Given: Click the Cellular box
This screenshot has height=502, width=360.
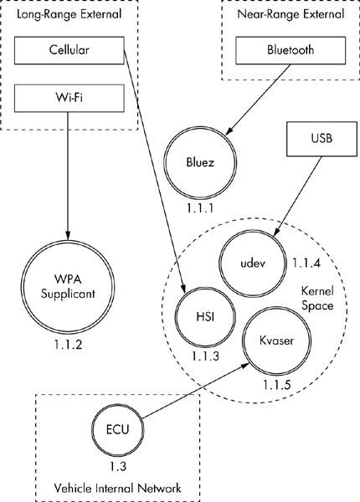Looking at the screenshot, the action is (x=69, y=50).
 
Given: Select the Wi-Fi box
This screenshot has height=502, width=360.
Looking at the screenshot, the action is (x=69, y=98).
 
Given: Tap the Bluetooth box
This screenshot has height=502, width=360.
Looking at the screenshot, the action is (x=291, y=50).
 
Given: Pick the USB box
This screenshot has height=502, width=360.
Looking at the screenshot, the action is (x=321, y=139).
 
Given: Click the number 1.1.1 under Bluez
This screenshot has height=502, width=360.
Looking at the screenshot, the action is (x=200, y=208).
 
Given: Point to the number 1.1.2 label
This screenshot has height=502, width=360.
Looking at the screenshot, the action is (x=68, y=345).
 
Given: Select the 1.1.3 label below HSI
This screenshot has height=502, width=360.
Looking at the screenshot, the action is (x=206, y=356).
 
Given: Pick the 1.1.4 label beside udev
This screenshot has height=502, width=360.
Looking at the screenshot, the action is (x=306, y=264).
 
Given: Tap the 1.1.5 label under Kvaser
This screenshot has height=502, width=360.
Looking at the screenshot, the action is (x=277, y=385).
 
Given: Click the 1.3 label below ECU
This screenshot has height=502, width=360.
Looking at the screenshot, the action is (x=118, y=467).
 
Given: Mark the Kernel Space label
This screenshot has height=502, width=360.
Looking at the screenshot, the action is (x=317, y=299).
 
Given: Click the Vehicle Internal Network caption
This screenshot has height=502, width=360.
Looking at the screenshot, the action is (x=117, y=489).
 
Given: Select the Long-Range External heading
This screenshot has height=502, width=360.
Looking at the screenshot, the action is (x=69, y=14).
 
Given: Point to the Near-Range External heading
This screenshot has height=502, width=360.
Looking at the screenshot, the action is (x=291, y=14).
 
